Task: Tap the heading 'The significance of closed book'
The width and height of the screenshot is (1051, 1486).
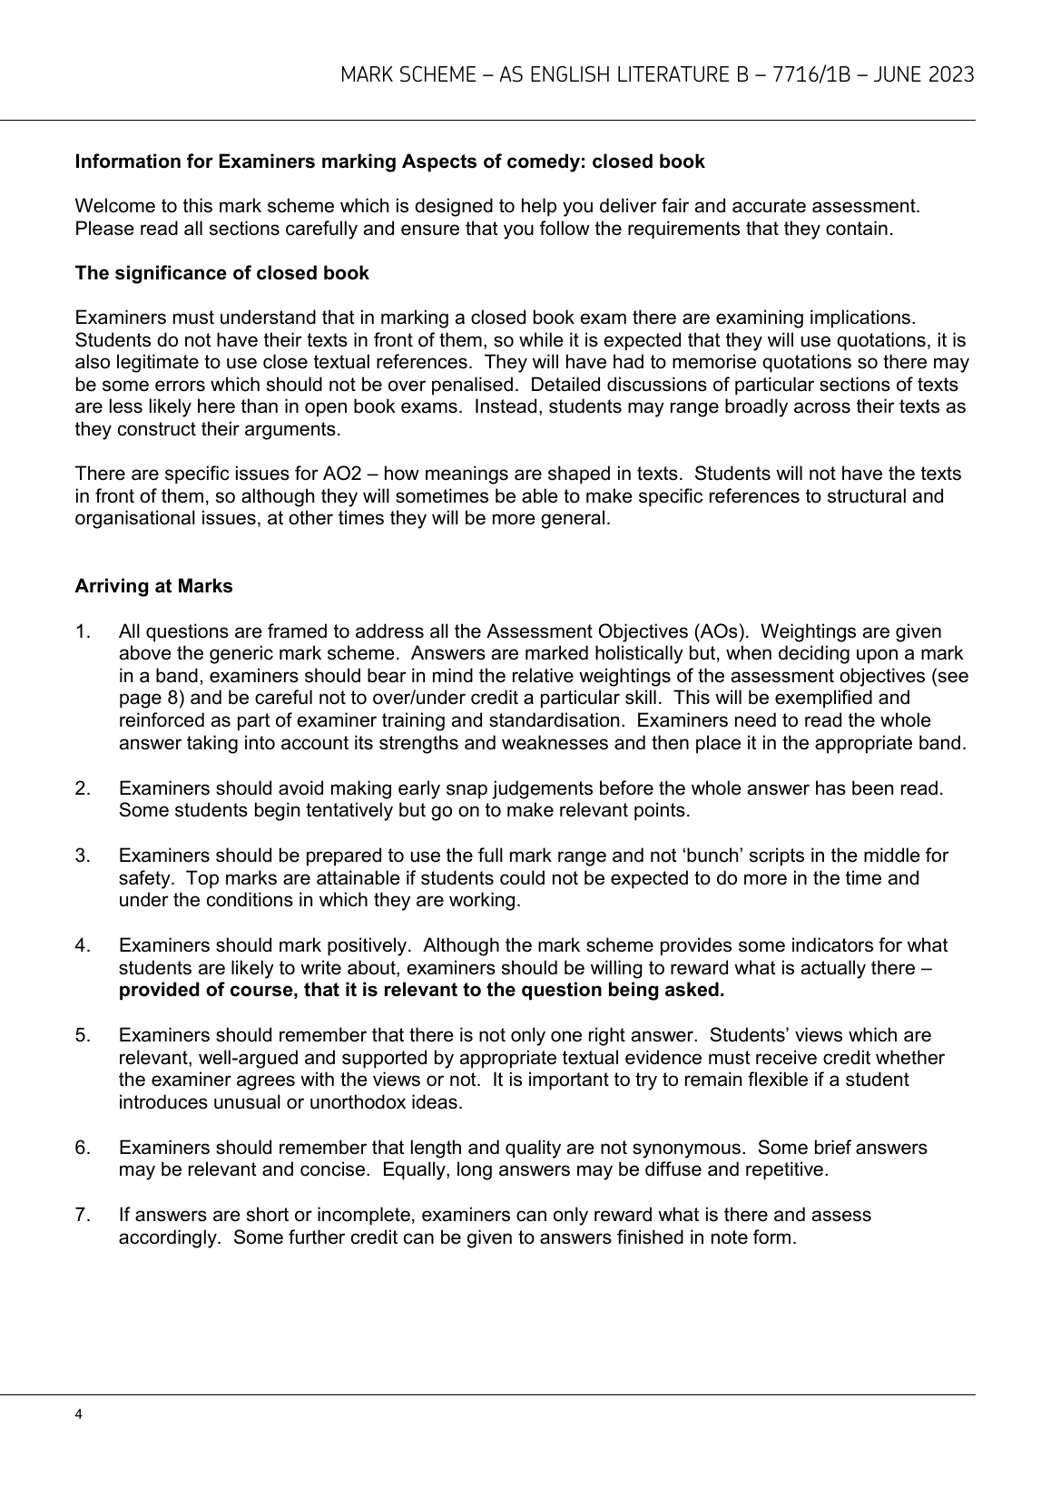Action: [x=221, y=273]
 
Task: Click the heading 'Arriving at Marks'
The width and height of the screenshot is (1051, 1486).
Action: [x=153, y=586]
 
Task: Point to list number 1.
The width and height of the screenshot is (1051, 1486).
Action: [x=81, y=631]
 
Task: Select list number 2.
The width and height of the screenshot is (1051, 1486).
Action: [x=82, y=788]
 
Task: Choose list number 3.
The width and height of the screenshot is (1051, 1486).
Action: [x=82, y=855]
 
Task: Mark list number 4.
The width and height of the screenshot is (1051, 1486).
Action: [x=82, y=945]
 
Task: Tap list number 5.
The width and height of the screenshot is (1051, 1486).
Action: [x=82, y=1035]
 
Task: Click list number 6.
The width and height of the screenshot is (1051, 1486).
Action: [x=82, y=1148]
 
